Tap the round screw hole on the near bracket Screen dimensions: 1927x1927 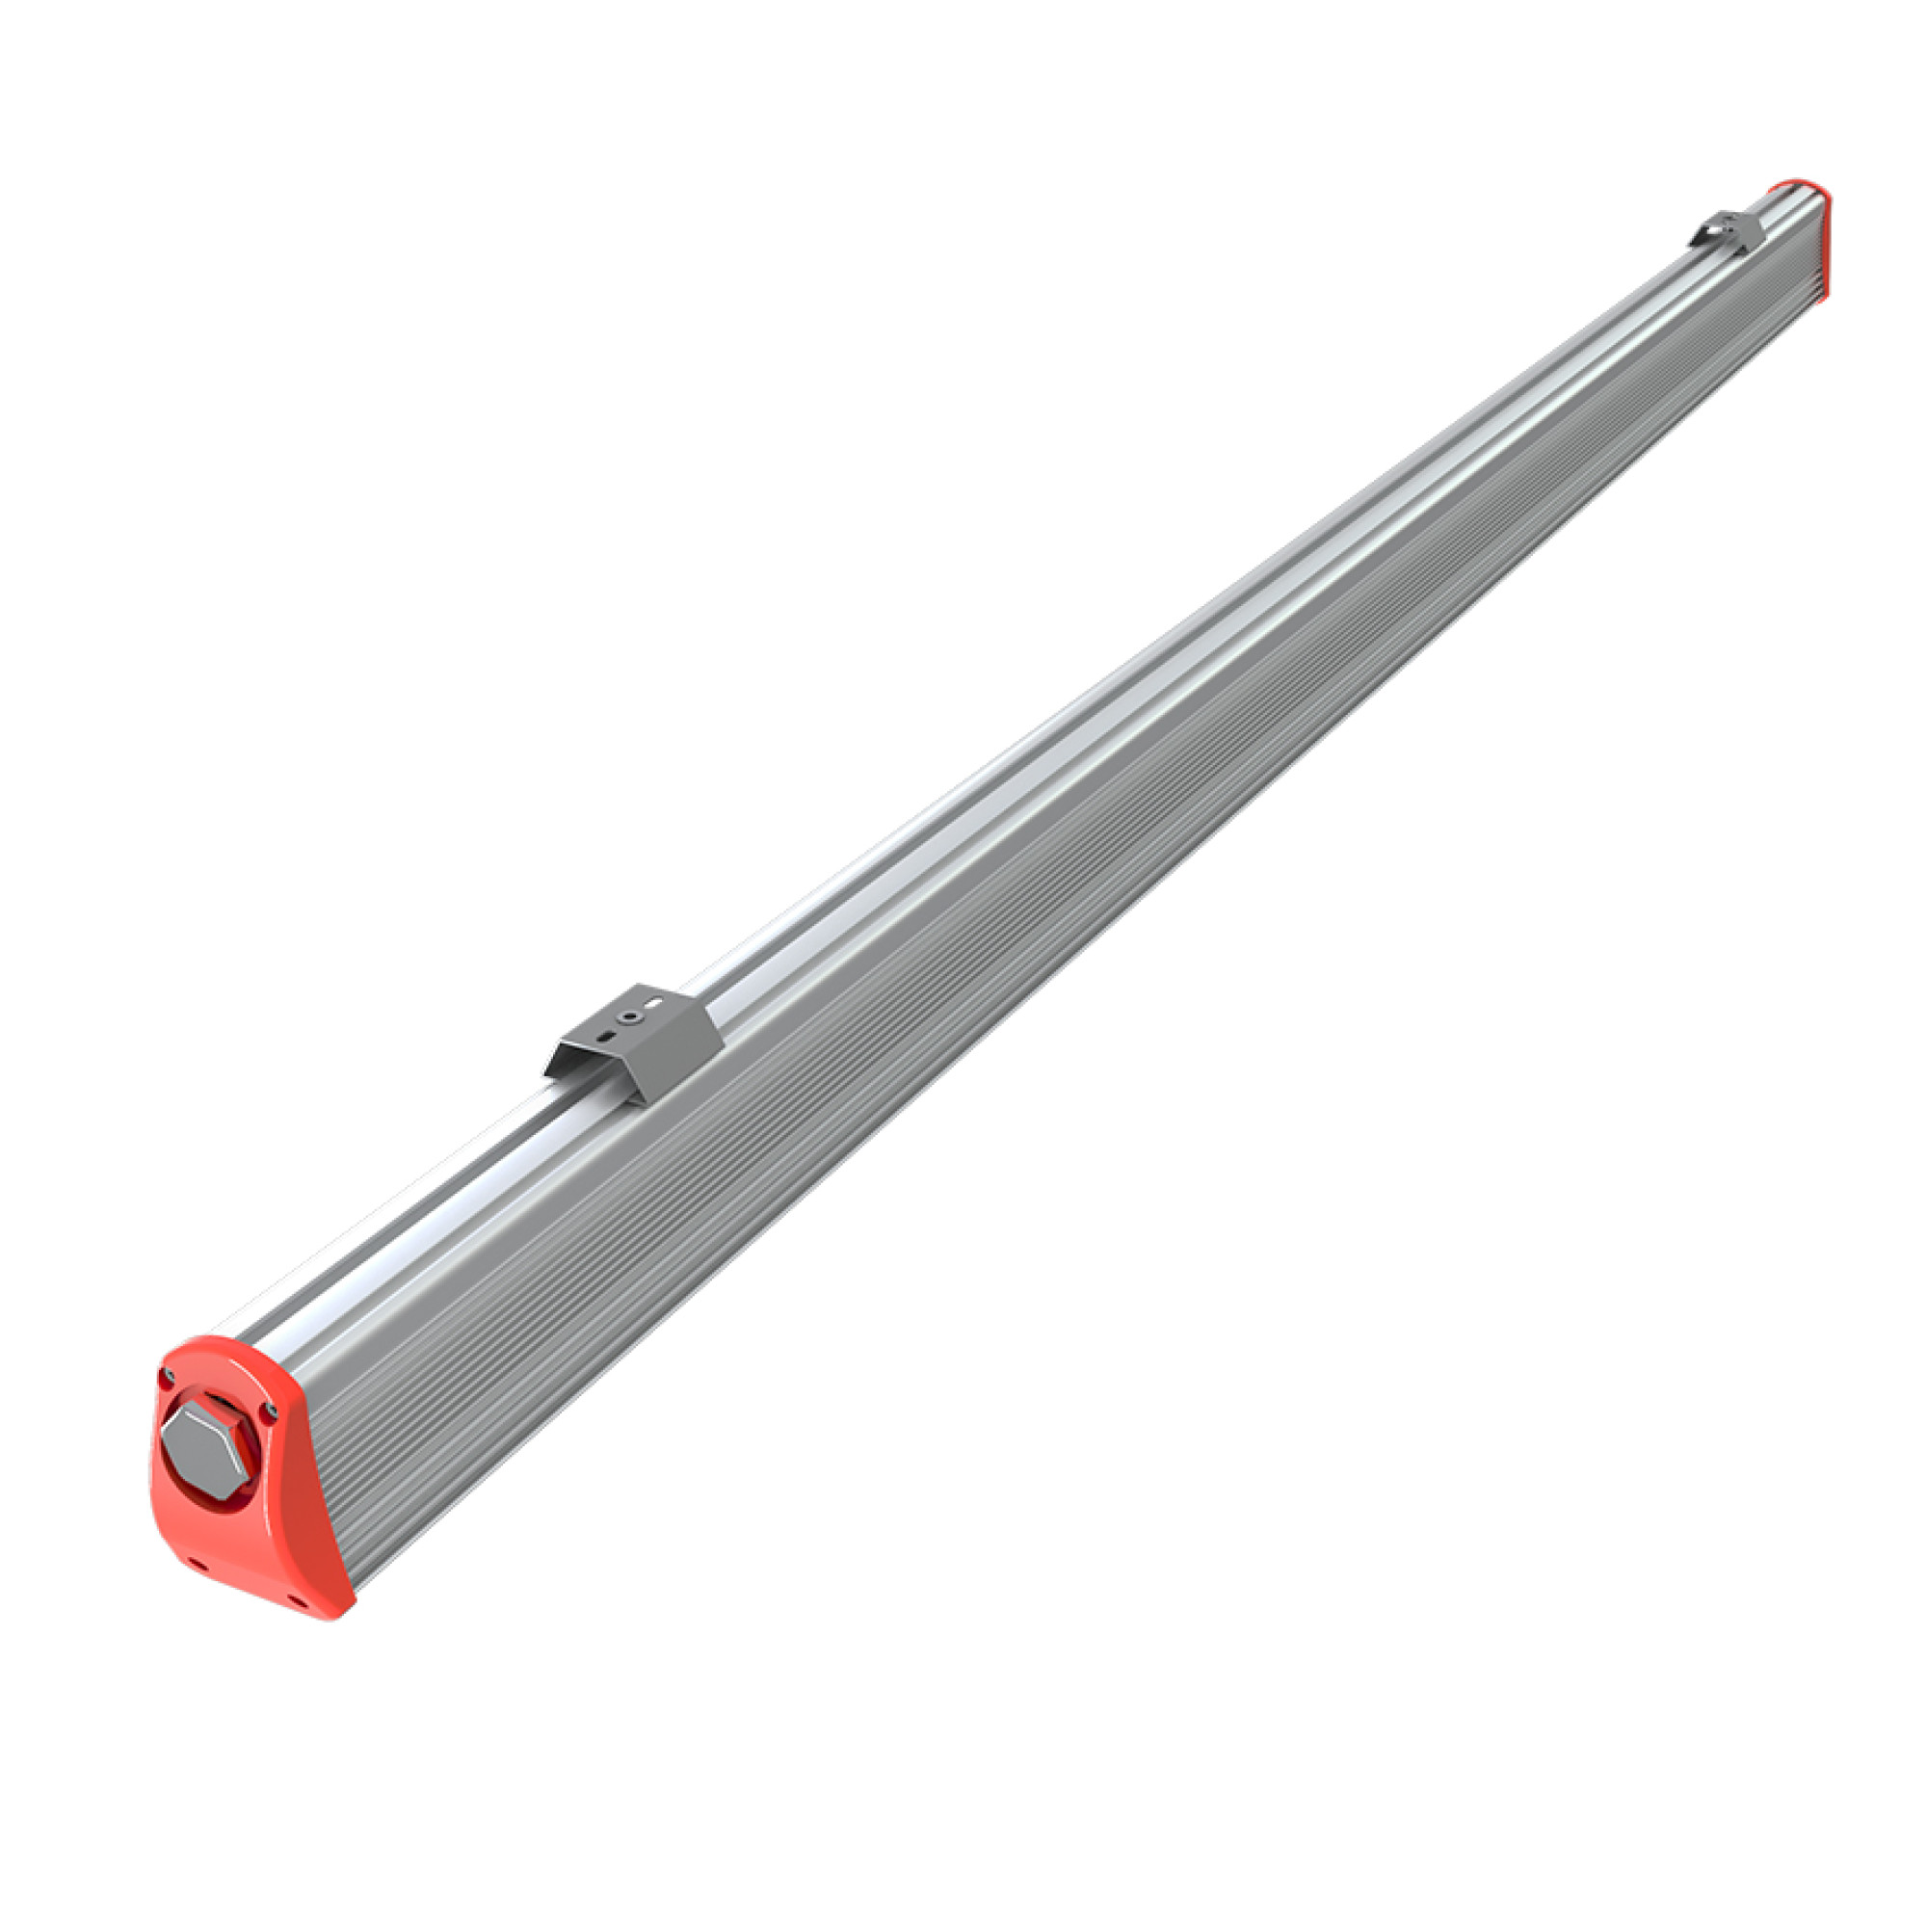pos(630,1018)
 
